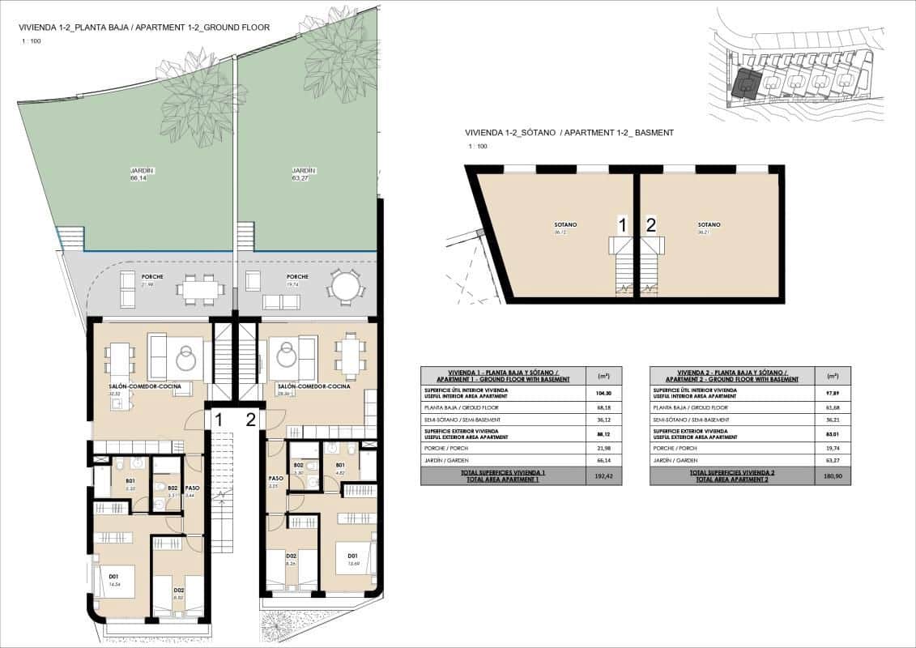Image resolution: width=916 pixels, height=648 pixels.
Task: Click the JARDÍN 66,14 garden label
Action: pos(142,174)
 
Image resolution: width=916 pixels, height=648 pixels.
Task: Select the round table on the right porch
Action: pos(346,286)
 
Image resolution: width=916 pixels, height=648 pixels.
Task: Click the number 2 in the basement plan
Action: pos(651,225)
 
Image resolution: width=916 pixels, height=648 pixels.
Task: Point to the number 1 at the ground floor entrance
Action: pos(218,420)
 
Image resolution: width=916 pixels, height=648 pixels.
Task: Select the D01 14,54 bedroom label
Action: pos(113,580)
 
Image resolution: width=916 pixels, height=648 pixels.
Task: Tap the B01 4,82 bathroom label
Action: pos(340,468)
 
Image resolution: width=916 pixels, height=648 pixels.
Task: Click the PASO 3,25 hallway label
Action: pos(275,482)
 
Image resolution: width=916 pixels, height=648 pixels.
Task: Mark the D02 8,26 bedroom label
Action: pos(290,558)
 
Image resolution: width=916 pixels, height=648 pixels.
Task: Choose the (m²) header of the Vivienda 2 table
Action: pos(833,376)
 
